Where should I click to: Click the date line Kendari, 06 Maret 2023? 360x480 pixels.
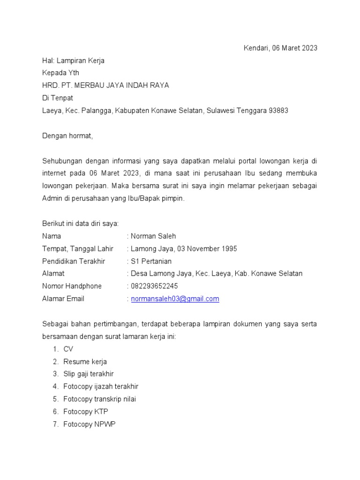tap(280, 48)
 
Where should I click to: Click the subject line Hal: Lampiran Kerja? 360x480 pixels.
tap(73, 60)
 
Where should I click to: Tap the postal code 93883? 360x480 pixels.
tap(278, 111)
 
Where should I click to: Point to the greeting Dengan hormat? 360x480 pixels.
tap(67, 136)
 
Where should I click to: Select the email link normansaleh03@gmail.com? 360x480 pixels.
tap(175, 299)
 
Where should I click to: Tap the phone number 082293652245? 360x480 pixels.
tap(155, 286)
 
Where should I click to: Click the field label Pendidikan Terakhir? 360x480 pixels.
tap(74, 261)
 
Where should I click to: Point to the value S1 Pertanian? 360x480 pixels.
tap(151, 261)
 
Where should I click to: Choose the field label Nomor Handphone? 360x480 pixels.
tap(72, 286)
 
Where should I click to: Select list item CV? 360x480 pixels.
tap(68, 349)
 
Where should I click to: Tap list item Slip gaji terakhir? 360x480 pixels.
tap(89, 374)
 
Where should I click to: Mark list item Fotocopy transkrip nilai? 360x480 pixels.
tap(99, 399)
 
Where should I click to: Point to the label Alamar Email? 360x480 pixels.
tap(63, 299)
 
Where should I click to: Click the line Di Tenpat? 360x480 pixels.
tap(58, 98)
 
